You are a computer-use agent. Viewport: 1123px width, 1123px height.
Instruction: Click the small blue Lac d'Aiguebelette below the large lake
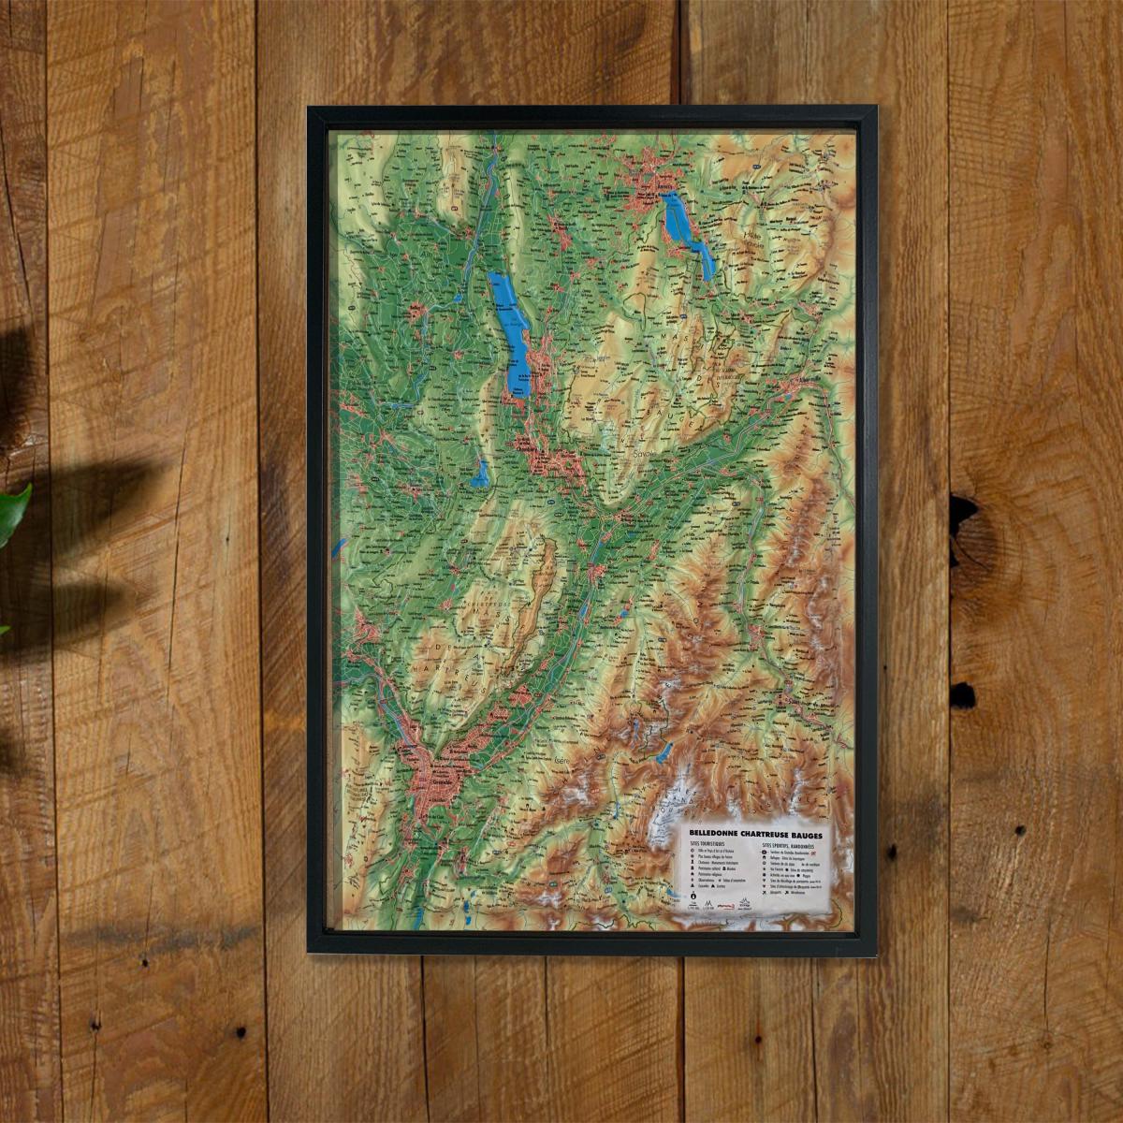coord(480,474)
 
